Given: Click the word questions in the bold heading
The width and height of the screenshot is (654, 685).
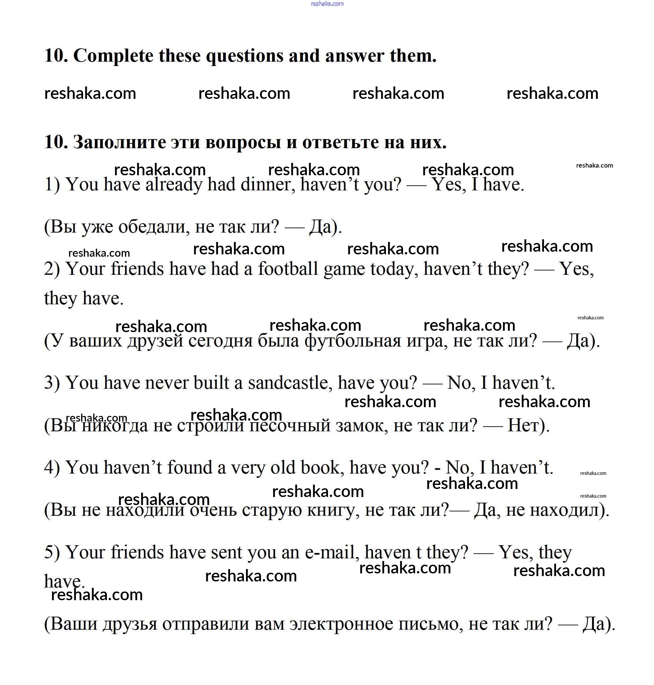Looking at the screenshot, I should pyautogui.click(x=244, y=56).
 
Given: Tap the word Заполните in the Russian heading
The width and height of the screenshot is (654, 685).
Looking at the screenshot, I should pyautogui.click(x=119, y=142).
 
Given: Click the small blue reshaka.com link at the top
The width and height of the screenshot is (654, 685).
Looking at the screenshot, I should pyautogui.click(x=327, y=4).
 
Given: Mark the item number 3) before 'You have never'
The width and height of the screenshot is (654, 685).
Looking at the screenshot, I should pyautogui.click(x=52, y=383).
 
